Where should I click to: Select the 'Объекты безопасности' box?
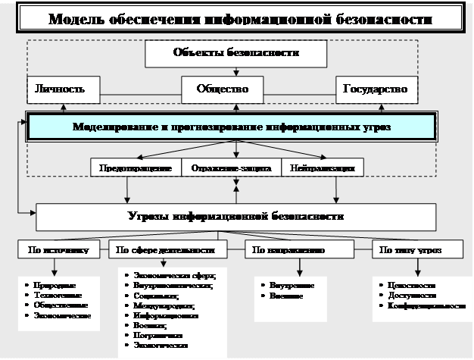[235, 54]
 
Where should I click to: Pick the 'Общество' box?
[223, 89]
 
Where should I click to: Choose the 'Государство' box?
[376, 89]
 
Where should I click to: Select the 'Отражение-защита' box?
[230, 167]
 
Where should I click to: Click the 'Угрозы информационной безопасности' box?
[235, 217]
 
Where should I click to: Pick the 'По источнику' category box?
[63, 249]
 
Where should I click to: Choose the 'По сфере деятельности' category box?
[176, 249]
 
